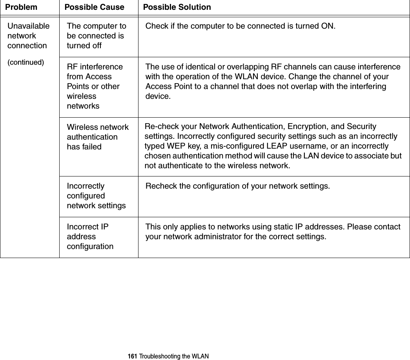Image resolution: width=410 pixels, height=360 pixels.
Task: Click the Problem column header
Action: (x=21, y=7)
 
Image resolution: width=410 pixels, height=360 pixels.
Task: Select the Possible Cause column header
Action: (x=94, y=7)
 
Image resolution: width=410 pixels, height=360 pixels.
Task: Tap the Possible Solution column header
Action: (x=177, y=7)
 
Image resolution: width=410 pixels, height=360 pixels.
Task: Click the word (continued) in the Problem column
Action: (x=26, y=62)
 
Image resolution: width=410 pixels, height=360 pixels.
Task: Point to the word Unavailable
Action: (x=29, y=26)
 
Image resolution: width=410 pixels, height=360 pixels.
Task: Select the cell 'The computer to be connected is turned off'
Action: (x=97, y=36)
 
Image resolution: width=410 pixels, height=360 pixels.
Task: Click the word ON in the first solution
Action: (x=329, y=26)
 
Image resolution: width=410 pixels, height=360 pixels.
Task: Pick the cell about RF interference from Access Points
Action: (x=95, y=86)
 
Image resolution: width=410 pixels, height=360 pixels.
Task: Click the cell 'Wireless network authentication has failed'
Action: (x=98, y=137)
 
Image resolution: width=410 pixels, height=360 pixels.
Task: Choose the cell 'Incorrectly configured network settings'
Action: (x=96, y=196)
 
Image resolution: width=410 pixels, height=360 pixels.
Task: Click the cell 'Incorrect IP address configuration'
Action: (x=90, y=236)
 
